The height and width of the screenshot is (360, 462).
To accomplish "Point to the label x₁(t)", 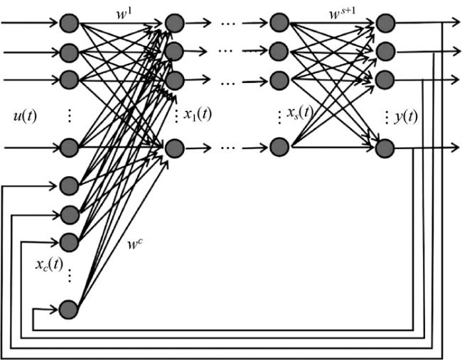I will [x=197, y=114].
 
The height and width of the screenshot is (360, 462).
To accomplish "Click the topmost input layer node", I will [x=69, y=23].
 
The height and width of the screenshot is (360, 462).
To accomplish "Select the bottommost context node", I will [x=68, y=310].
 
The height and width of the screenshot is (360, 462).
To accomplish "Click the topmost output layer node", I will [x=385, y=23].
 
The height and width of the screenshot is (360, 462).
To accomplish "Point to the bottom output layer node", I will [x=385, y=148].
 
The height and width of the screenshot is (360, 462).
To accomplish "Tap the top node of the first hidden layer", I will [x=175, y=23].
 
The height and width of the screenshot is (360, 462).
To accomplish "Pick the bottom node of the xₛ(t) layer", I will [x=279, y=148].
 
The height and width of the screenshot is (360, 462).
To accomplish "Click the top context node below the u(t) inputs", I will [x=68, y=186].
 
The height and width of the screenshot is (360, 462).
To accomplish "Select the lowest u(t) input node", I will [x=69, y=148].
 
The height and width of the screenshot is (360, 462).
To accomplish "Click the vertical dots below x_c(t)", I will [x=69, y=278].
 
